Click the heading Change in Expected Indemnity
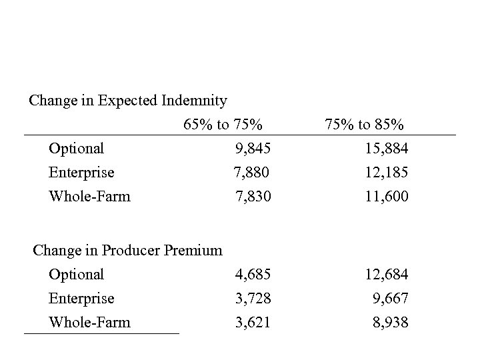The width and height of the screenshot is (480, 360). click(x=128, y=101)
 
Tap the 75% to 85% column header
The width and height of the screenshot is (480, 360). click(x=364, y=124)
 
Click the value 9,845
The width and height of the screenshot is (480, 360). click(x=252, y=148)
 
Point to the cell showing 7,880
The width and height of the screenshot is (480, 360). click(x=251, y=173)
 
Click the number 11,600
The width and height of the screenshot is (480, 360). click(x=385, y=197)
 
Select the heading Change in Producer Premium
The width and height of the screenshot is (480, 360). click(x=127, y=251)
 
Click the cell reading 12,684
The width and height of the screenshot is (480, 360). click(x=385, y=274)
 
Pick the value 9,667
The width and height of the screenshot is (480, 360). click(x=390, y=298)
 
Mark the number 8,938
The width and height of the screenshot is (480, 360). click(x=390, y=323)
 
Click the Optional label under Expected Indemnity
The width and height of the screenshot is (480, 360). click(x=76, y=148)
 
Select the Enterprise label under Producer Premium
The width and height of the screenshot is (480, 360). click(x=81, y=298)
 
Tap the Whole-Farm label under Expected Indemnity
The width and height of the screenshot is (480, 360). click(x=89, y=197)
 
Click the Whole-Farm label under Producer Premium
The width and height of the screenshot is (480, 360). click(x=89, y=323)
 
